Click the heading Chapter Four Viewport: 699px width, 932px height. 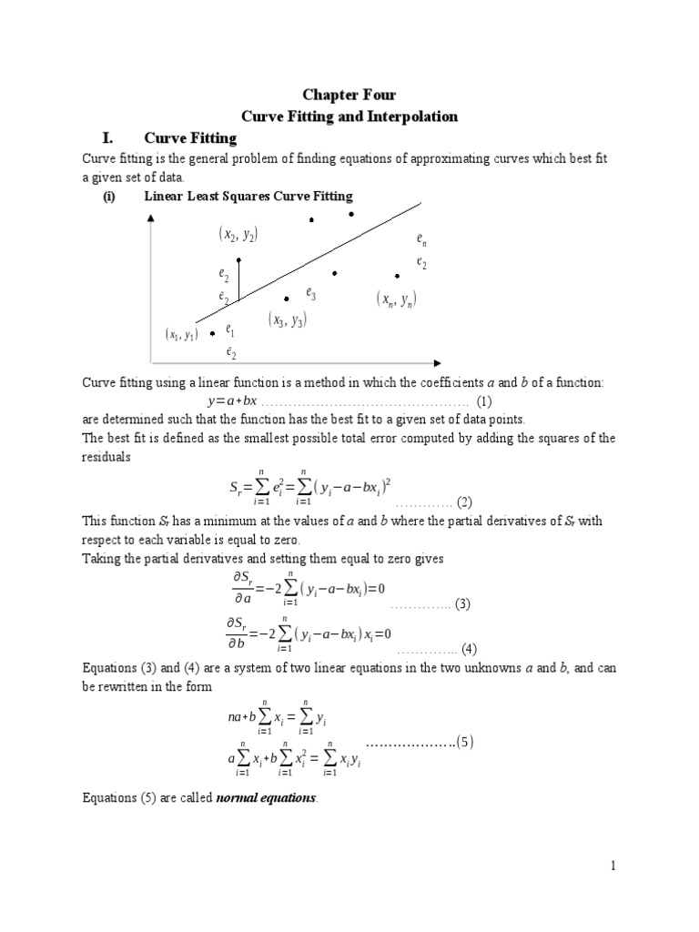(349, 95)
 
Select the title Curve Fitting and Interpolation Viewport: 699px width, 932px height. (349, 116)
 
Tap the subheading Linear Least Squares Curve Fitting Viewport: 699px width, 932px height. (248, 197)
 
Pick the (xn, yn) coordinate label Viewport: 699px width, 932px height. (396, 299)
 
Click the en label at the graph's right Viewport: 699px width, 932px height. (421, 240)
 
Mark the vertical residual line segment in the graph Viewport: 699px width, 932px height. (238, 279)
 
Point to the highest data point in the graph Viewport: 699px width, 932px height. (351, 214)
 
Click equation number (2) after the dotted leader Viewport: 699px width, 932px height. (464, 501)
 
